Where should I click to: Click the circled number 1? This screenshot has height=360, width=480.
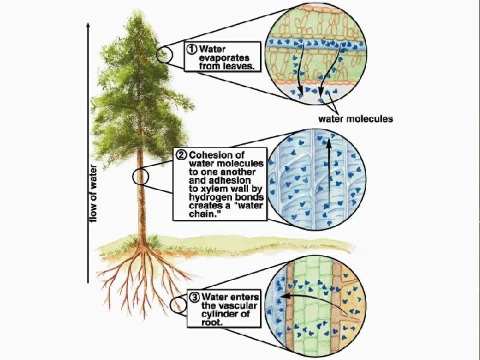click(192, 49)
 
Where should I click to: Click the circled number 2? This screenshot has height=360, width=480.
click(181, 155)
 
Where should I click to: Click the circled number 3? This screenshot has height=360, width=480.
click(194, 297)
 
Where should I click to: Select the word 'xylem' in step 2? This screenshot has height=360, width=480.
click(217, 189)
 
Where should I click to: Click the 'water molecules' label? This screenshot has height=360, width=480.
click(357, 119)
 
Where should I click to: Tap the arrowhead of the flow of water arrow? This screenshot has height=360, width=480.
click(87, 24)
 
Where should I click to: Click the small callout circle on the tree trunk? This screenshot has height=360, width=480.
click(141, 176)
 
